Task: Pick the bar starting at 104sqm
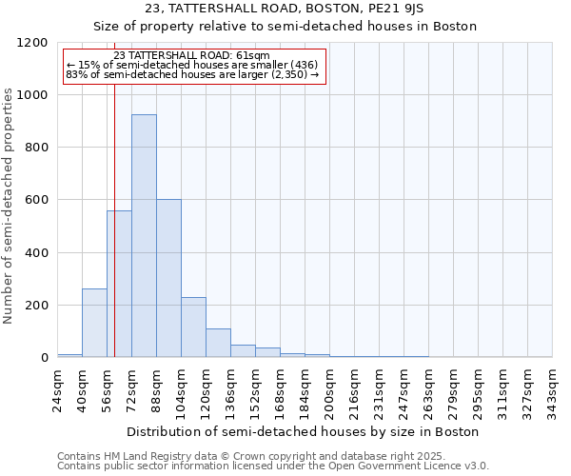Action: pos(193,327)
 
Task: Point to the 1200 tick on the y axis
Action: pos(36,43)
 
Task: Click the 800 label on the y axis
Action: pos(36,148)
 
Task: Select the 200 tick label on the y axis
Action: pos(36,306)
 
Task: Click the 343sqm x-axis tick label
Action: pos(552,390)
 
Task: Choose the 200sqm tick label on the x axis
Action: pos(329,390)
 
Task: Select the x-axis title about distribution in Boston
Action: pos(305,431)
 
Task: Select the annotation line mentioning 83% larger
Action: pos(192,74)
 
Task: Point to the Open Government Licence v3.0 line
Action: pos(273,466)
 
